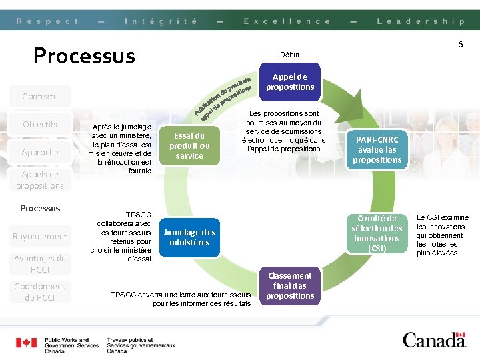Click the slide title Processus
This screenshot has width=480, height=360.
(84, 55)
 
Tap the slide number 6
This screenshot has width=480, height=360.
(460, 45)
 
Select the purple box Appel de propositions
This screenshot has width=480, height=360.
(290, 82)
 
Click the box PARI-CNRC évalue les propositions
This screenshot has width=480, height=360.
(377, 150)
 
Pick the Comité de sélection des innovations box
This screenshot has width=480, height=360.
(377, 233)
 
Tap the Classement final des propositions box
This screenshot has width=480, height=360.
(290, 285)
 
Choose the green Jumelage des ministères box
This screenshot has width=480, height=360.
(189, 237)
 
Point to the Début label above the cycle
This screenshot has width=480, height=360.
(290, 55)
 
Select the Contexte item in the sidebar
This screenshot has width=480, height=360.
(40, 97)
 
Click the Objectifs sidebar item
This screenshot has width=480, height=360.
(40, 125)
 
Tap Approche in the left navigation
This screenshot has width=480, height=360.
(40, 153)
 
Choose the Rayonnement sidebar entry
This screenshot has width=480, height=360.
(40, 237)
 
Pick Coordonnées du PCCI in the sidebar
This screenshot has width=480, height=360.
(40, 292)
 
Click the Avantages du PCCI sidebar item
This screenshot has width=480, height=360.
(40, 264)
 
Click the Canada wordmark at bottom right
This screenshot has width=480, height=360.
(434, 339)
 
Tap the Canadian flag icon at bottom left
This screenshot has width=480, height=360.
(27, 343)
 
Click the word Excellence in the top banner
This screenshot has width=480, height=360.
(287, 21)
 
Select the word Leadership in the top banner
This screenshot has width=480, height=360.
(420, 21)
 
